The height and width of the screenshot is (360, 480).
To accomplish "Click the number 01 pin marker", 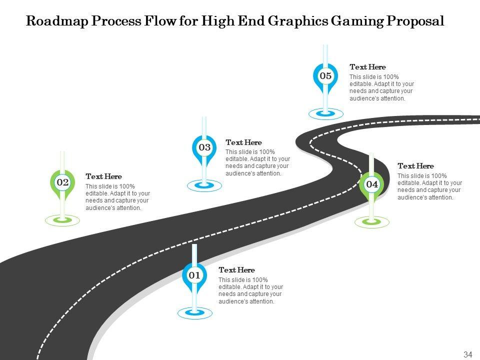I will pos(194,275).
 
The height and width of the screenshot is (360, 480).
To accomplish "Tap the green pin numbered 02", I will pos(62,183).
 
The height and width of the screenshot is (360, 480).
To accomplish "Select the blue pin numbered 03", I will pos(204,147).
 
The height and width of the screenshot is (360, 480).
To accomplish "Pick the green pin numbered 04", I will pos(372,184).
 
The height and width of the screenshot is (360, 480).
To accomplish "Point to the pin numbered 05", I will pos(325,76).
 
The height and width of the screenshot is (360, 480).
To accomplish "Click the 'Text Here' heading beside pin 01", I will pos(236,270).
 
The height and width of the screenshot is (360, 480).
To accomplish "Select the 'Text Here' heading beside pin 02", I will pos(103,176).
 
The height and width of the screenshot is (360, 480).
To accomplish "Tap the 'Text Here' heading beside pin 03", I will pos(243,142).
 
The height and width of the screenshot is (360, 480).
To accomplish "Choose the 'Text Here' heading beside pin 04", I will pos(415,166).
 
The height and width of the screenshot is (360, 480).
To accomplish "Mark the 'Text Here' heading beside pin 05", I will pos(367,67).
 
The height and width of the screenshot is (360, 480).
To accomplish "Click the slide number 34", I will pos(468,354).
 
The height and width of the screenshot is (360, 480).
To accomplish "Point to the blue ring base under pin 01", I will pos(195,313).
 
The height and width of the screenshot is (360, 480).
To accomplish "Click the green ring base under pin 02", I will pos(62,219).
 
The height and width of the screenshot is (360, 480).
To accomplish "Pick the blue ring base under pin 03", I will pos(204,185).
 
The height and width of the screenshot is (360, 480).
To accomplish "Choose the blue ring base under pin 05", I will pos(325,113).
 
